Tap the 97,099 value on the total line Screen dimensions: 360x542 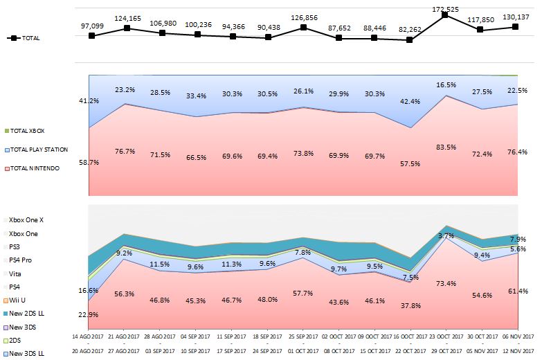[91, 26]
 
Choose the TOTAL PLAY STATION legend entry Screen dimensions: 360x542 [36, 150]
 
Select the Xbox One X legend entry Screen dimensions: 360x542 [26, 219]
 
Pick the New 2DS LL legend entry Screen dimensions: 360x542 [27, 314]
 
